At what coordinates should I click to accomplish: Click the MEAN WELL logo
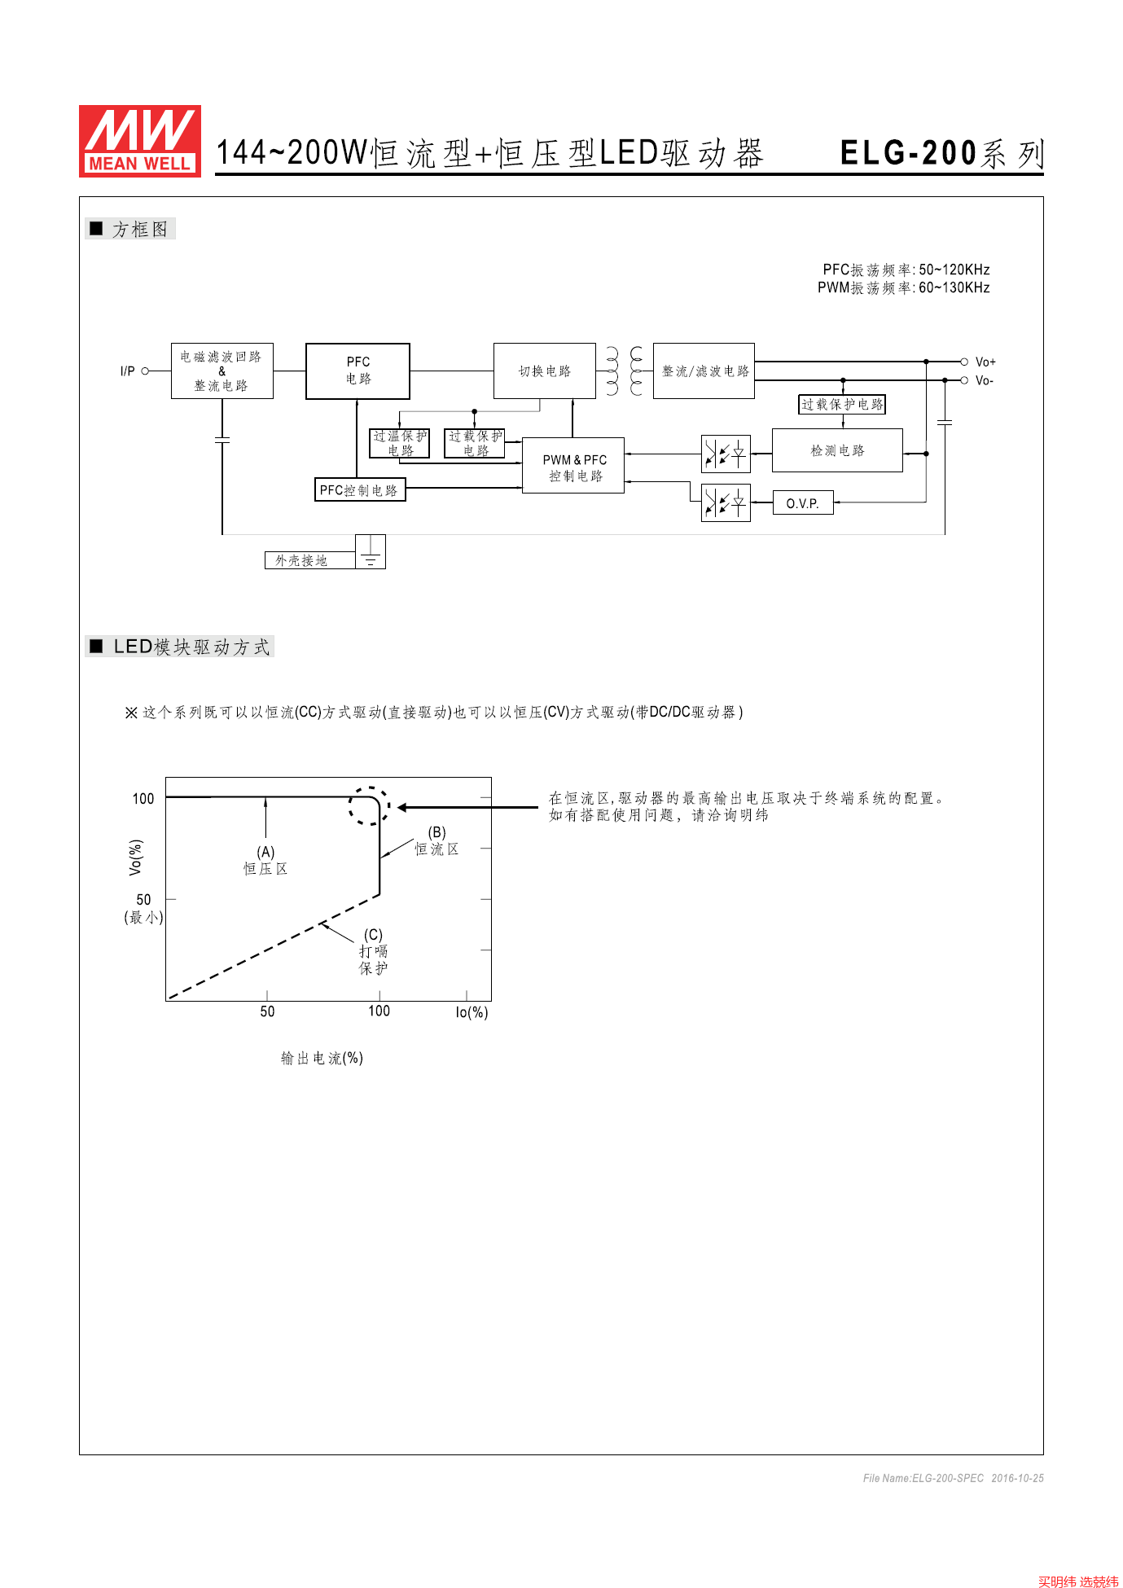click(x=139, y=141)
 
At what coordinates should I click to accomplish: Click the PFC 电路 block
click(x=358, y=371)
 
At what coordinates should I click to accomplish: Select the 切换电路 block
click(x=544, y=371)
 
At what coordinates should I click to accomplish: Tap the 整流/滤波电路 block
click(x=704, y=371)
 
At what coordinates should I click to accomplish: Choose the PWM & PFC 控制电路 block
click(x=573, y=466)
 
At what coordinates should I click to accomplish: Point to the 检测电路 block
click(x=837, y=450)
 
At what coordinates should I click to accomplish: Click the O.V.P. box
click(x=803, y=503)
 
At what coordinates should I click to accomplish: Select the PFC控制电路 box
click(x=359, y=490)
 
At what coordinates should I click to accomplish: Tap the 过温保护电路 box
click(x=400, y=444)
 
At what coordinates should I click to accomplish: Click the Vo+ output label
click(x=985, y=362)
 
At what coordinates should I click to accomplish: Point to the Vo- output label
click(x=985, y=381)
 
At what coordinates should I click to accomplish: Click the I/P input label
click(x=128, y=371)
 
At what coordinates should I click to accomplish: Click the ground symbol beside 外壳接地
click(x=371, y=552)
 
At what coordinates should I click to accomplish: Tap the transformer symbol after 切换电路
click(x=625, y=371)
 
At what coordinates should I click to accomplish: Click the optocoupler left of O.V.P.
click(x=726, y=503)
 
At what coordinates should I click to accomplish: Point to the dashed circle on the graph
click(x=369, y=806)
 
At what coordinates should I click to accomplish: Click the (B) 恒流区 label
click(x=437, y=841)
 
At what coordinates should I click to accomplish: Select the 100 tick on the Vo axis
click(x=143, y=799)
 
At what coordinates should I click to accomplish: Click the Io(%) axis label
click(x=472, y=1012)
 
